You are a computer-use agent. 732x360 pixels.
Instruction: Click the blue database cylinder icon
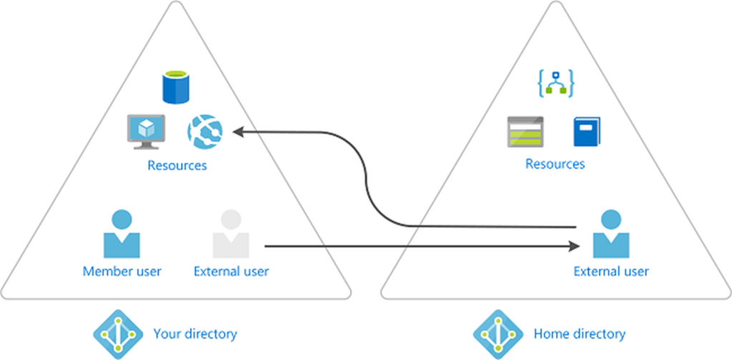pos(175,87)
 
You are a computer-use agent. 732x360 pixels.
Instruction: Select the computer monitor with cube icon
pos(146,131)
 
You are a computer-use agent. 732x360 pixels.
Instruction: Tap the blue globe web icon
pos(205,131)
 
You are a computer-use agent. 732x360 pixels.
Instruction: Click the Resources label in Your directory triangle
pos(177,165)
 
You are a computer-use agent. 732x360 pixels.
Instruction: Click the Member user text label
pos(122,271)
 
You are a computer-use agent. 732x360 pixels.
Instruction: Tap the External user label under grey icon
pos(231,271)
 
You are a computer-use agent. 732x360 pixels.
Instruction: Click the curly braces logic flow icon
pos(555,84)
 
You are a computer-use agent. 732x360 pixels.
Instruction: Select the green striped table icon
pos(525,132)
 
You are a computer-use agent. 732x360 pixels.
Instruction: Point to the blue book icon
pos(586,132)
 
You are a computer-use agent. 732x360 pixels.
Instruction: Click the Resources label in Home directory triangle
pos(555,164)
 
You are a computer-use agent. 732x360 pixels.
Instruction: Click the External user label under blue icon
pos(611,271)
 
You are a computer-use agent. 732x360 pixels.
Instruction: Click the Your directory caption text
pos(195,334)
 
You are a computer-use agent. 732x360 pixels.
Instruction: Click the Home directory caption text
pos(579,334)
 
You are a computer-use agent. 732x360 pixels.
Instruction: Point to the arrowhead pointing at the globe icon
pos(238,132)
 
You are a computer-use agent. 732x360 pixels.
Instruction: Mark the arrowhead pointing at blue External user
pos(574,246)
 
